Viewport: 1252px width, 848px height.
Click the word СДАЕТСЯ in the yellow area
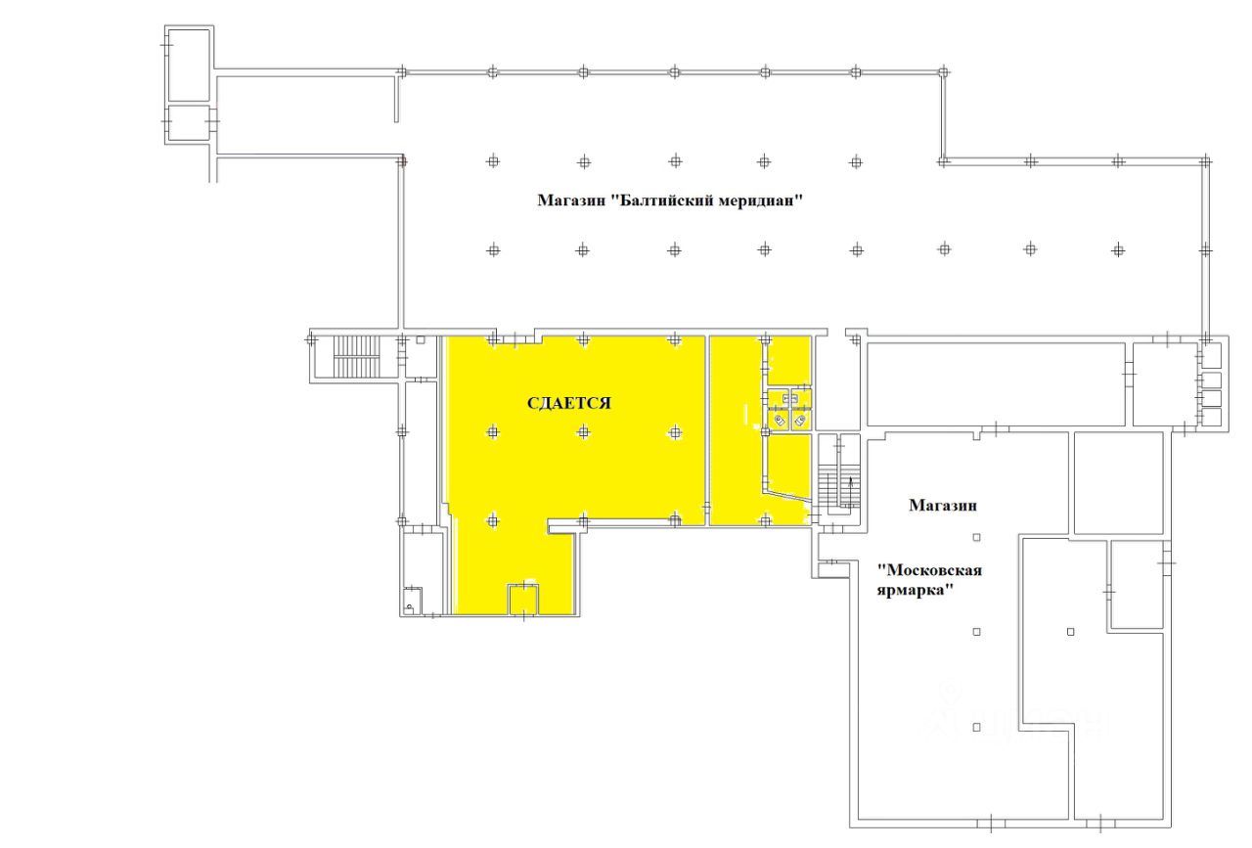[569, 403]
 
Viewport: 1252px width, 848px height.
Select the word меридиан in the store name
[762, 201]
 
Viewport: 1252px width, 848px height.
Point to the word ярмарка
[915, 592]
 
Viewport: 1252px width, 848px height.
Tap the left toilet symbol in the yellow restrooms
[780, 421]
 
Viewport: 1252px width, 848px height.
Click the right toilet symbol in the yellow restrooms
[801, 421]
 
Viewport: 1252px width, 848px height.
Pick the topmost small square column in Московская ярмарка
[976, 537]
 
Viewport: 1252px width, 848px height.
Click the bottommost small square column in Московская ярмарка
[976, 727]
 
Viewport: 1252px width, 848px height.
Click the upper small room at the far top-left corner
[189, 65]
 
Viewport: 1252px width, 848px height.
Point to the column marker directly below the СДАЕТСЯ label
[583, 431]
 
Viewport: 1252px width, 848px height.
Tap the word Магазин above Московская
[944, 506]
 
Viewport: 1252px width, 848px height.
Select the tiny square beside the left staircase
[421, 340]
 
